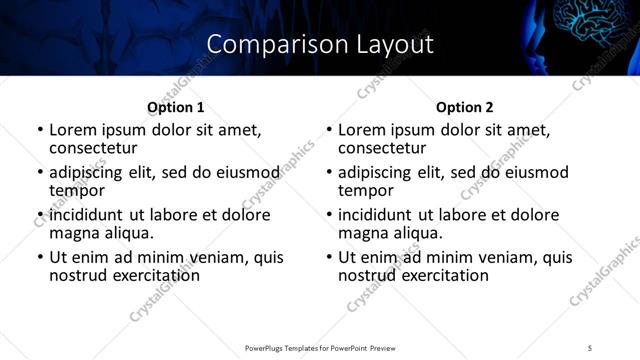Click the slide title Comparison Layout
pyautogui.click(x=320, y=45)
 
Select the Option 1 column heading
pyautogui.click(x=176, y=107)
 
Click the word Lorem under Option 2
pyautogui.click(x=361, y=130)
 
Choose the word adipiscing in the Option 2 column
pyautogui.click(x=380, y=172)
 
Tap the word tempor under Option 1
pyautogui.click(x=76, y=190)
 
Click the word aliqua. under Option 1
pyautogui.click(x=125, y=233)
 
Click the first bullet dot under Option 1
pyautogui.click(x=40, y=131)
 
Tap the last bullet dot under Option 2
pyautogui.click(x=329, y=258)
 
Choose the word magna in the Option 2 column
pyautogui.click(x=364, y=233)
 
